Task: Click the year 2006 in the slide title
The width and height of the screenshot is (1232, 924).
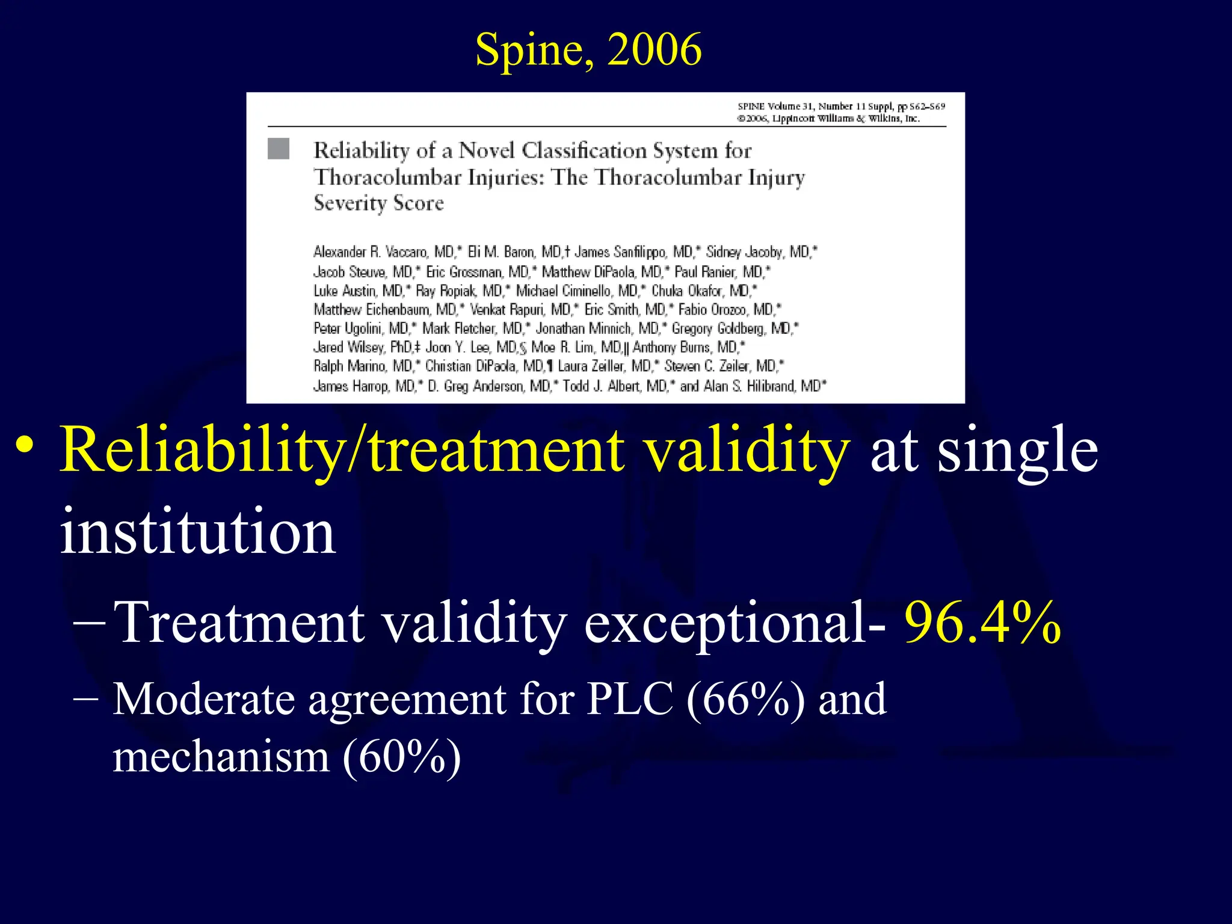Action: [x=654, y=49]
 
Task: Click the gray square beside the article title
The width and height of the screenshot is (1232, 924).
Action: [x=278, y=149]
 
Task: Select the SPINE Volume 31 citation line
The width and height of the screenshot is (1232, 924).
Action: [x=841, y=106]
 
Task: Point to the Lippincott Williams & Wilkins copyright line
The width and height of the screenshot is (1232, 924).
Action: [x=828, y=119]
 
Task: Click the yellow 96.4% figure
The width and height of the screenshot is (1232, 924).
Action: [x=982, y=623]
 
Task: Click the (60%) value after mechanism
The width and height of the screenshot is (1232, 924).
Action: [x=401, y=757]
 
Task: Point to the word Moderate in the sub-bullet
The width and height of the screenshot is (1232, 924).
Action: [x=204, y=700]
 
